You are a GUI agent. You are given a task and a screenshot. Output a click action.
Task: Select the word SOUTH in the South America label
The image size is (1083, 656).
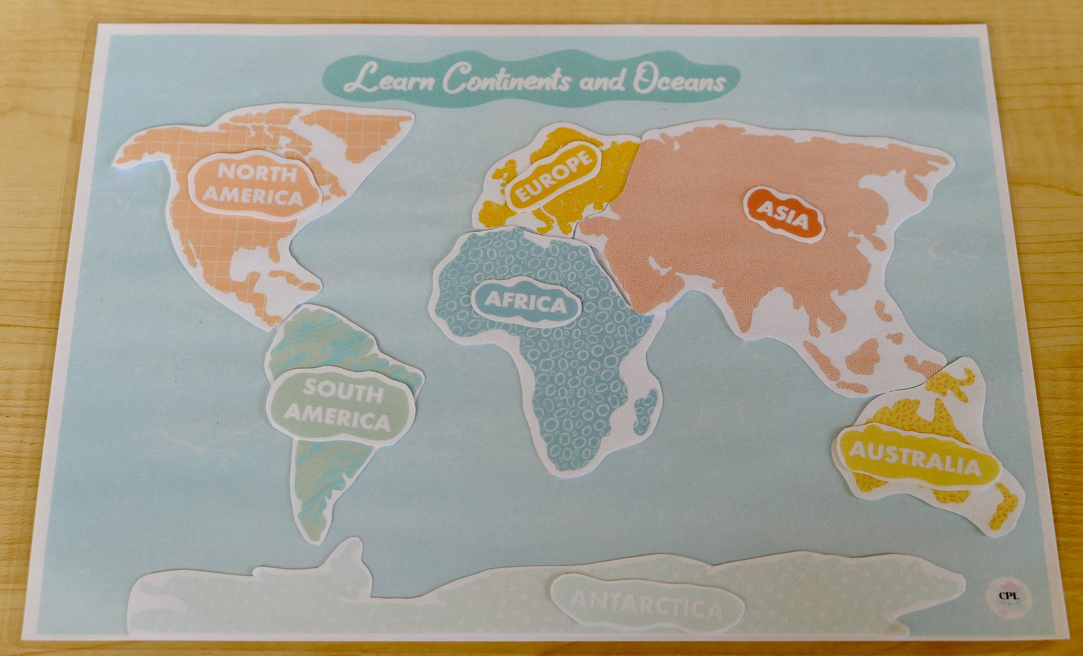(343, 392)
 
